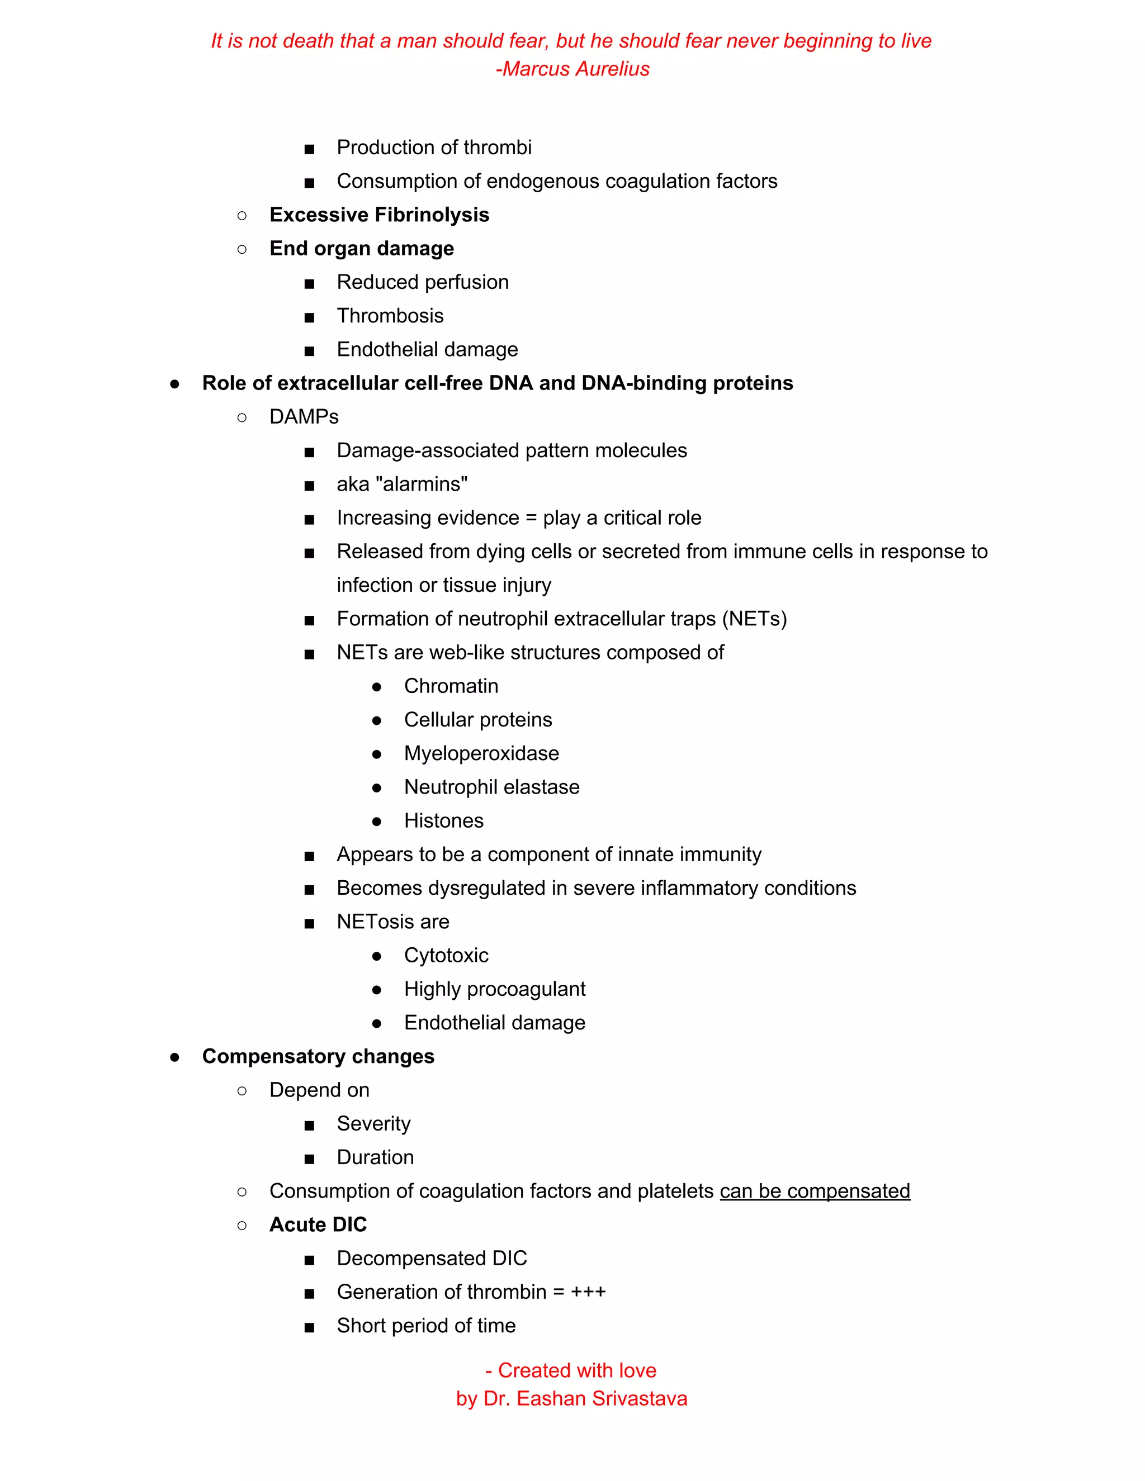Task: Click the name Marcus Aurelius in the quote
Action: click(x=576, y=69)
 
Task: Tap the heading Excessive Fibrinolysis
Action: click(x=379, y=215)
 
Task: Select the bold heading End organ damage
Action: click(x=362, y=249)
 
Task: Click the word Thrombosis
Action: click(x=390, y=316)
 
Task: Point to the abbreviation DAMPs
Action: click(x=304, y=417)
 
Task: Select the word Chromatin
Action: click(x=451, y=686)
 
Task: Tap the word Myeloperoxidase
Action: click(x=481, y=753)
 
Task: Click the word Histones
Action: click(x=443, y=820)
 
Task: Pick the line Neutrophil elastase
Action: click(x=492, y=787)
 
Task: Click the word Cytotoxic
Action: click(x=446, y=956)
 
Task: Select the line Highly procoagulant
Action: click(x=494, y=989)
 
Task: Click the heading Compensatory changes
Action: click(x=318, y=1056)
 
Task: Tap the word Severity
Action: click(x=374, y=1124)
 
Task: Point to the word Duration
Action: click(x=375, y=1157)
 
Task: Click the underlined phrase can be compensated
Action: click(x=815, y=1192)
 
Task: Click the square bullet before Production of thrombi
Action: click(x=309, y=149)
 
